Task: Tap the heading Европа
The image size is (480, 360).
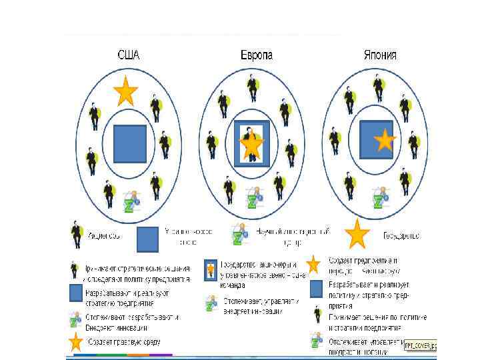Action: click(256, 56)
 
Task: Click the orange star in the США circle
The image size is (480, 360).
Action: click(125, 92)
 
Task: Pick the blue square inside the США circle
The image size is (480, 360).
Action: click(129, 144)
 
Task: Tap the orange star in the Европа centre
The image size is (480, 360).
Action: click(252, 144)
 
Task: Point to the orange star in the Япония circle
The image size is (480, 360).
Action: click(385, 141)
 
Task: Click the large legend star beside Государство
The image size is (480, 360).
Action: click(357, 233)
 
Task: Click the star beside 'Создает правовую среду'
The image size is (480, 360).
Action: click(77, 342)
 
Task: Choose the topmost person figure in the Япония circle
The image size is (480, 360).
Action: click(378, 86)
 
